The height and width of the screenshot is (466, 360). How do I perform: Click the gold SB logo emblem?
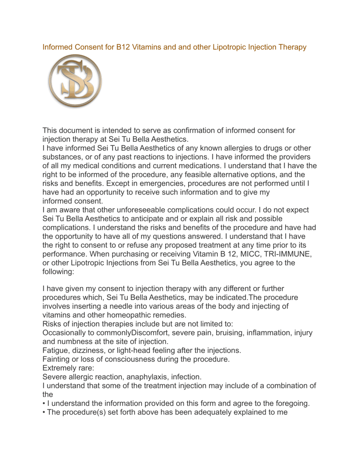click(75, 81)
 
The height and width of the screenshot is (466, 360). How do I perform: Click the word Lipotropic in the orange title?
click(229, 47)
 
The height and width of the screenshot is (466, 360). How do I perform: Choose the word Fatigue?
click(56, 350)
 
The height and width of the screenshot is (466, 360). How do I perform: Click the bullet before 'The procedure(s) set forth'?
click(44, 412)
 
